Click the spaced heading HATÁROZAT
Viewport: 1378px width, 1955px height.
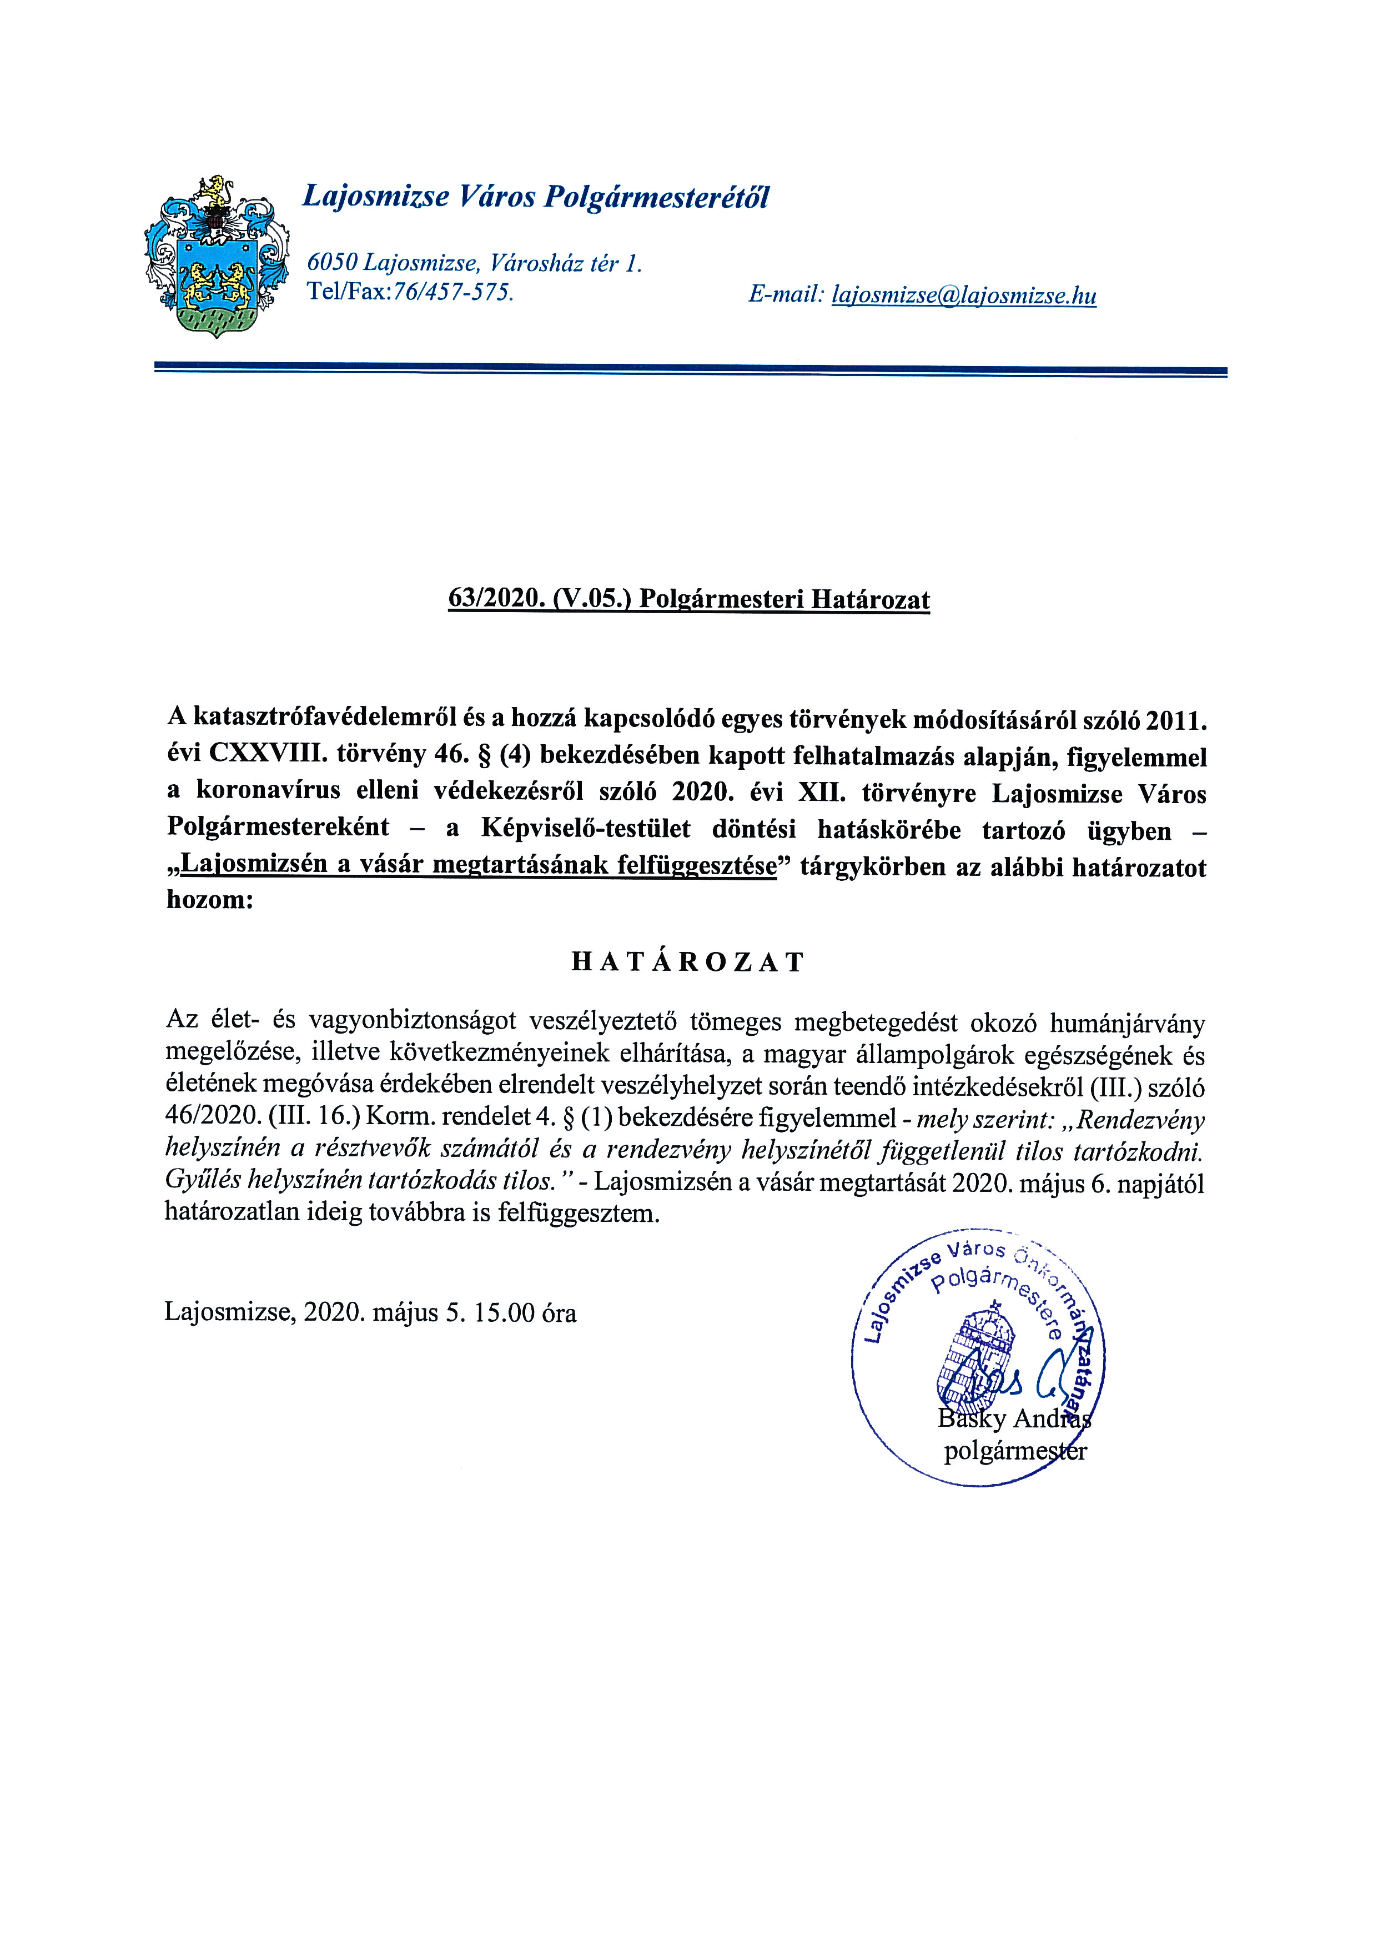pos(688,962)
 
